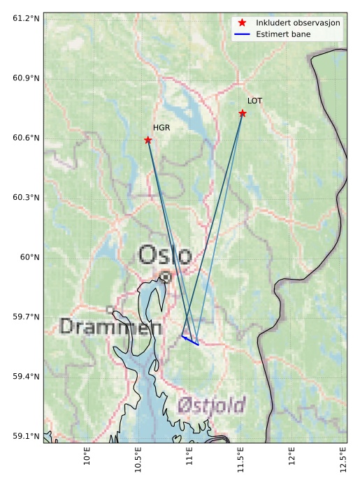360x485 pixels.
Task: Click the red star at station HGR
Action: [148, 140]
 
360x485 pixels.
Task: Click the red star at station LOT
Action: [243, 113]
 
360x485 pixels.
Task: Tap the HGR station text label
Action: [161, 128]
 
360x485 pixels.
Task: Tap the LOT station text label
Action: [254, 101]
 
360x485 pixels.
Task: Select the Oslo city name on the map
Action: [164, 255]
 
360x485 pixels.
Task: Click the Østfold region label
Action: [211, 405]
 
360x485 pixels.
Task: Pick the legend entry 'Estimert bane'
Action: [283, 34]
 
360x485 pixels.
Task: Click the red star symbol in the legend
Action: [242, 23]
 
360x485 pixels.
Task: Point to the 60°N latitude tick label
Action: [29, 257]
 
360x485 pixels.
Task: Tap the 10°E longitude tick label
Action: [87, 455]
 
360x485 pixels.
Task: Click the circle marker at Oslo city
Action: [165, 277]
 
